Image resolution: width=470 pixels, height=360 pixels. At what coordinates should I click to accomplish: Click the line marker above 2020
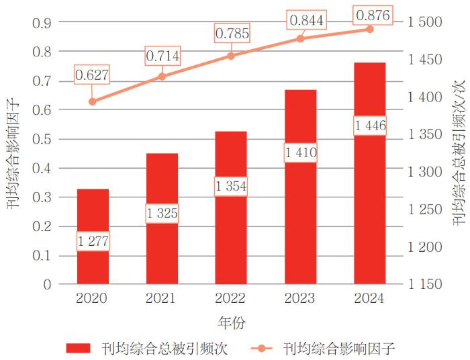click(93, 101)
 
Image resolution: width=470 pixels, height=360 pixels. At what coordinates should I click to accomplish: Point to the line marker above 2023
click(300, 38)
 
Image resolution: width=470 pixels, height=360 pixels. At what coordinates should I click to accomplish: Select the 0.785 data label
click(232, 33)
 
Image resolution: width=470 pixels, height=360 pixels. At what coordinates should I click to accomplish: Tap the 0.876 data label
click(370, 14)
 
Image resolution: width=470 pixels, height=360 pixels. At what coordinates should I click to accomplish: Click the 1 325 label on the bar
click(162, 214)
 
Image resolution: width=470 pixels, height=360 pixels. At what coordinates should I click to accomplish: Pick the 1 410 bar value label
click(301, 154)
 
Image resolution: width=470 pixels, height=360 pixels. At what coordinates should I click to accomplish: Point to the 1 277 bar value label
click(93, 241)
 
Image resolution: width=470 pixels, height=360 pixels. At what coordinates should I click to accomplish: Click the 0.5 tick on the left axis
click(42, 139)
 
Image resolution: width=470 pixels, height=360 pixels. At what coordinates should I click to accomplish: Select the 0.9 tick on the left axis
click(42, 22)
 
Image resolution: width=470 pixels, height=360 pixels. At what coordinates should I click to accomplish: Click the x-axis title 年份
click(232, 323)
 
